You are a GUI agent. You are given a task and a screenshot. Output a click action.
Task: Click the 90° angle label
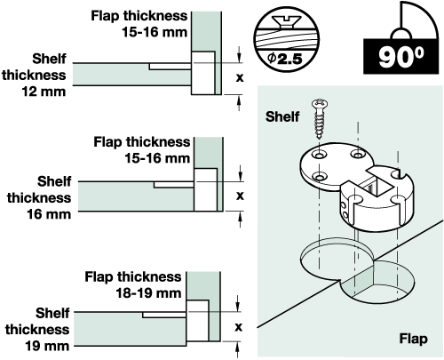click(x=400, y=57)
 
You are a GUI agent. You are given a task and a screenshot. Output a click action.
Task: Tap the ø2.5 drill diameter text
click(x=285, y=59)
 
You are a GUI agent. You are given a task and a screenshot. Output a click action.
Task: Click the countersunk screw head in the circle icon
click(x=287, y=22)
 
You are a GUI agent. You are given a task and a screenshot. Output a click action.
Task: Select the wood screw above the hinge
click(x=320, y=119)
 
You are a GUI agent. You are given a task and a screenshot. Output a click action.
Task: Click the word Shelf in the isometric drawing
click(x=282, y=116)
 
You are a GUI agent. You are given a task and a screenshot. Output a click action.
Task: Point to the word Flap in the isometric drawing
click(x=413, y=339)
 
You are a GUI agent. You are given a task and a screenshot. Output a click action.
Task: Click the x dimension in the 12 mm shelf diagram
click(x=240, y=78)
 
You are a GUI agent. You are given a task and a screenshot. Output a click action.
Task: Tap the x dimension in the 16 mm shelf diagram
click(x=240, y=196)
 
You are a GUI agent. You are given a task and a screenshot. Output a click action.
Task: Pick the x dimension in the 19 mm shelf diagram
click(x=238, y=327)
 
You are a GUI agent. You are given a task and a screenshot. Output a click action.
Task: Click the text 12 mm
click(x=44, y=92)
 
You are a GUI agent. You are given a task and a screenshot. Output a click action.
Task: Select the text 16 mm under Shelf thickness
click(x=49, y=214)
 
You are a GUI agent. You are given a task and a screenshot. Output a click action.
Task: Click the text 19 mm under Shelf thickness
click(x=47, y=346)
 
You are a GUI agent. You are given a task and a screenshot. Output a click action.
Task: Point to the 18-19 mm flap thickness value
click(x=148, y=293)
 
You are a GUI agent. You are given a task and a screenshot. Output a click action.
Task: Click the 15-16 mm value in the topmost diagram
click(x=155, y=32)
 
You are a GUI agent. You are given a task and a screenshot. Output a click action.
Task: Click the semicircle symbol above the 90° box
click(x=401, y=34)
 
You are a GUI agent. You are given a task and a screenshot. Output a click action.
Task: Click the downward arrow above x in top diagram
click(x=239, y=54)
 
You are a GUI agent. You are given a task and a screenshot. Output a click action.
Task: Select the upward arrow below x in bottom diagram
click(x=237, y=349)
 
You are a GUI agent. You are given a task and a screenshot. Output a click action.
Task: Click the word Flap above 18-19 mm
click(x=99, y=276)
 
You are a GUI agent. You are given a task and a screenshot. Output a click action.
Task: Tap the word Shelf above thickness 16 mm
click(x=54, y=181)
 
